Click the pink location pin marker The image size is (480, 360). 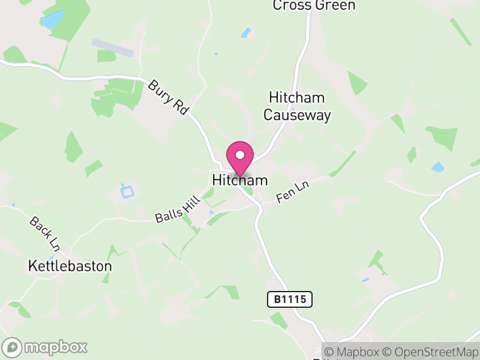point(240,158)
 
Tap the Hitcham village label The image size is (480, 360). point(239,180)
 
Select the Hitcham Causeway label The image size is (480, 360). point(297,106)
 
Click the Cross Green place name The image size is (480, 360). point(314,5)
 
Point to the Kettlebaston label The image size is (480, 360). point(70,265)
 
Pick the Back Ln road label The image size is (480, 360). point(46,233)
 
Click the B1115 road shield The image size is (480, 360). point(290,299)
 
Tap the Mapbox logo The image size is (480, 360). point(45,347)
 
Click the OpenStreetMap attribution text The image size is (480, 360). point(431,352)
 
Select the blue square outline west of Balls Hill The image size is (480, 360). point(127,191)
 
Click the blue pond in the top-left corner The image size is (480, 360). point(52,19)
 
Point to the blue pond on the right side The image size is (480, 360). point(438,167)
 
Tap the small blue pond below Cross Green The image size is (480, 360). point(246,33)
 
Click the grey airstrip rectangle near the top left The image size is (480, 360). point(112,47)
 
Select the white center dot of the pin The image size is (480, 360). point(240,155)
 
